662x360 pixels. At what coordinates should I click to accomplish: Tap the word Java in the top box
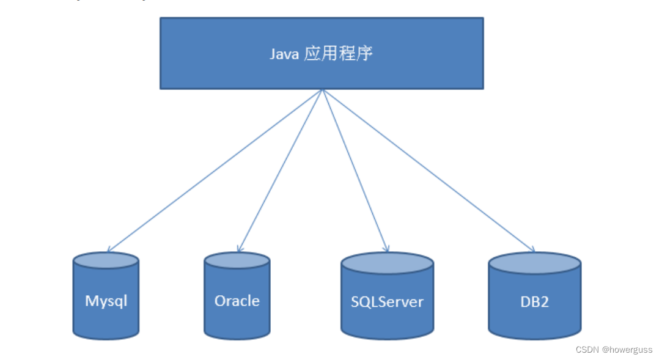pos(284,54)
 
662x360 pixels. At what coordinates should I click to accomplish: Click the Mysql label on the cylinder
pos(106,301)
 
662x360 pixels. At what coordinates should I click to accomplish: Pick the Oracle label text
pos(237,301)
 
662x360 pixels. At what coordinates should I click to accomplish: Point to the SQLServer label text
pos(387,302)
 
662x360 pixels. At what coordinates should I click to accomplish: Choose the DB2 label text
pos(534,301)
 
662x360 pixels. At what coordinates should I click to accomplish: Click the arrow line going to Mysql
pos(214,171)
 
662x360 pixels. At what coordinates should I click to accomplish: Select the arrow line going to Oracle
pos(280,171)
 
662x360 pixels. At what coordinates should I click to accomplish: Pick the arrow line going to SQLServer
pos(355,171)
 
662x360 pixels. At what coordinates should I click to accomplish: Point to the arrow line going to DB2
pos(428,171)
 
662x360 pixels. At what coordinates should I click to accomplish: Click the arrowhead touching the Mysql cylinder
pos(109,250)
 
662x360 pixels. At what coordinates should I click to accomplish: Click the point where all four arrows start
pos(322,90)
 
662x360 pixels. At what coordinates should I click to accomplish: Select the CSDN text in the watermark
pos(587,349)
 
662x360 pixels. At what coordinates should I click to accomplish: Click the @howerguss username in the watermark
pos(627,349)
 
